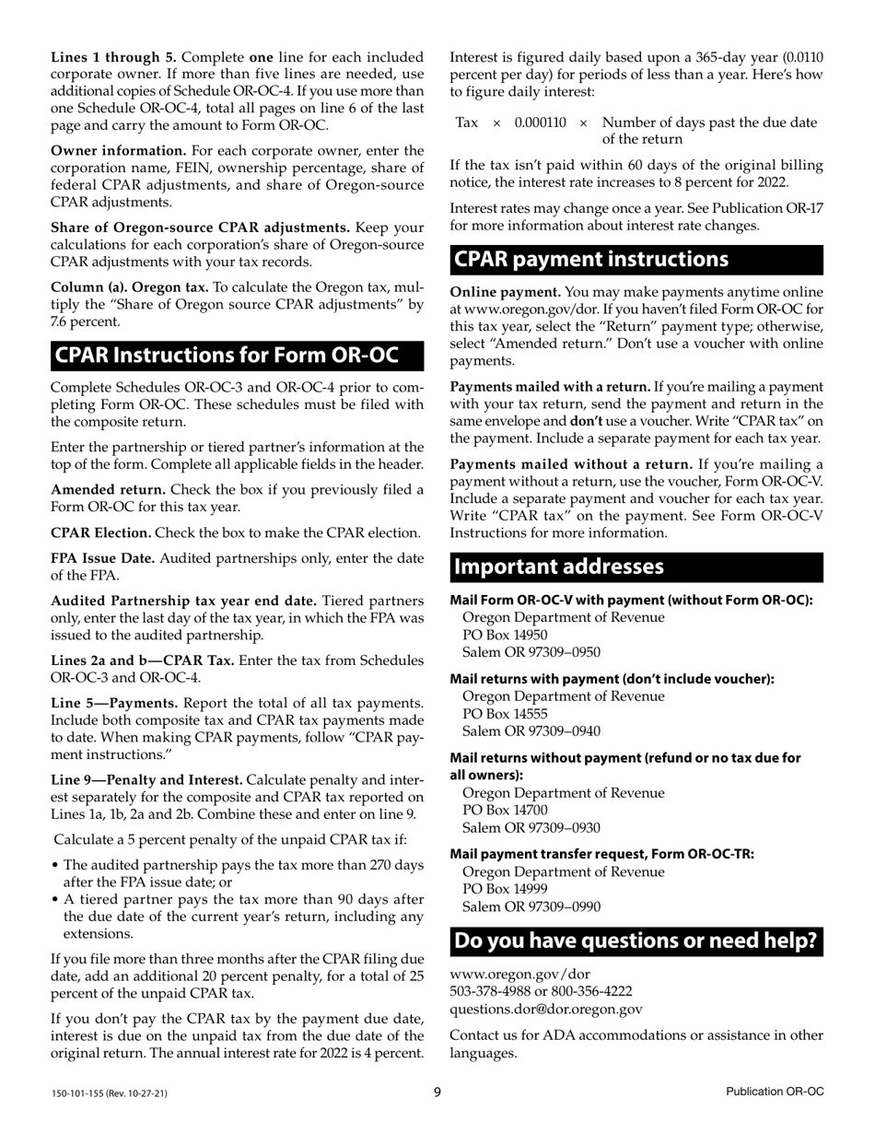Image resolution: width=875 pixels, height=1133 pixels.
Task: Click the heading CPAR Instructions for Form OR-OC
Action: (x=227, y=356)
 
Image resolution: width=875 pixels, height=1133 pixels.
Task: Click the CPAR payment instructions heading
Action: (x=591, y=259)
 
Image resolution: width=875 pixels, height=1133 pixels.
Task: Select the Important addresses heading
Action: (x=559, y=566)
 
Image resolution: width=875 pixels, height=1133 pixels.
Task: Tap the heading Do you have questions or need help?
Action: (x=636, y=940)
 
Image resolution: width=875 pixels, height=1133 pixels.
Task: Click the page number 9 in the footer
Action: (x=438, y=1092)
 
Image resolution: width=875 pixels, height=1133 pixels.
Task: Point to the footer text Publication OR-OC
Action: (x=774, y=1092)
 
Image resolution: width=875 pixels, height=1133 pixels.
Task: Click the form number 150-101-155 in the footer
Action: (x=109, y=1093)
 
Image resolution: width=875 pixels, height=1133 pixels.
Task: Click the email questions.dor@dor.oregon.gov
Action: (x=545, y=1009)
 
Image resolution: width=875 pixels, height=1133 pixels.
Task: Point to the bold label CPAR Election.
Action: (x=101, y=532)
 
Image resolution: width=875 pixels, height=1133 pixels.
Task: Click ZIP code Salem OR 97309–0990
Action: (x=531, y=906)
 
